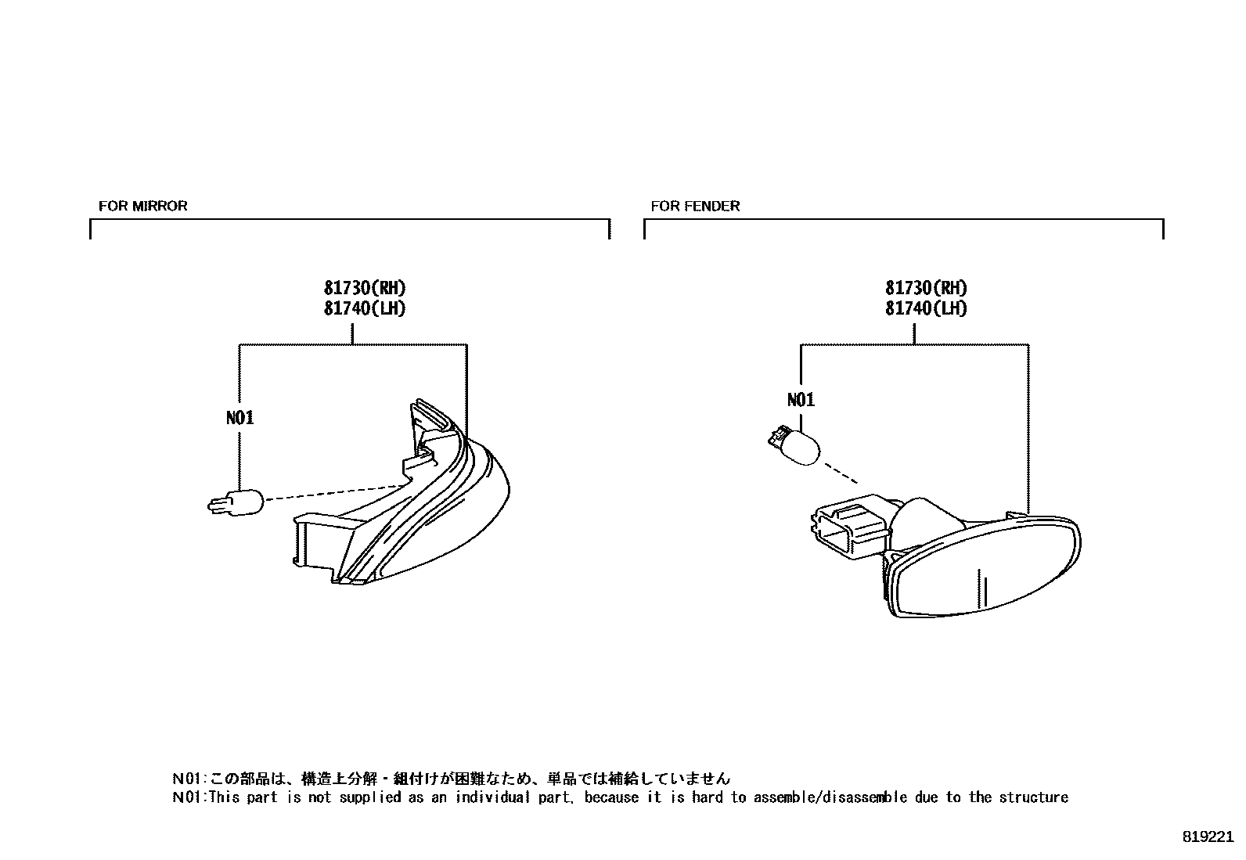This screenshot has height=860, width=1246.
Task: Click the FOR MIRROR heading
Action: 142,206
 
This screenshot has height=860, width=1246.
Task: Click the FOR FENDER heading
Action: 695,206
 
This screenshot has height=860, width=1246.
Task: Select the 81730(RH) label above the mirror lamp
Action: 365,287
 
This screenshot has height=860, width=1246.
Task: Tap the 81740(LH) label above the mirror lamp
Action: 365,308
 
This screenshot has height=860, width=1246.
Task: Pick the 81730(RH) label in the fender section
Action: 926,287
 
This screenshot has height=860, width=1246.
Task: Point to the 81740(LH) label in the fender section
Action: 926,308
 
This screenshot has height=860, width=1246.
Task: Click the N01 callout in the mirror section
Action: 239,418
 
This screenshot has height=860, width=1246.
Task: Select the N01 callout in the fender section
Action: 801,400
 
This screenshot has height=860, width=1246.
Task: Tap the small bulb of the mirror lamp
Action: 236,500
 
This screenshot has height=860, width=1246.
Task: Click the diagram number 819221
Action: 1208,836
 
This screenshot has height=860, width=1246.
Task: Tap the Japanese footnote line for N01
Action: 451,779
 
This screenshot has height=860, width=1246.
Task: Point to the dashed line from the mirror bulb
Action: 337,491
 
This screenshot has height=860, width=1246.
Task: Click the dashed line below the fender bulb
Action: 839,472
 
